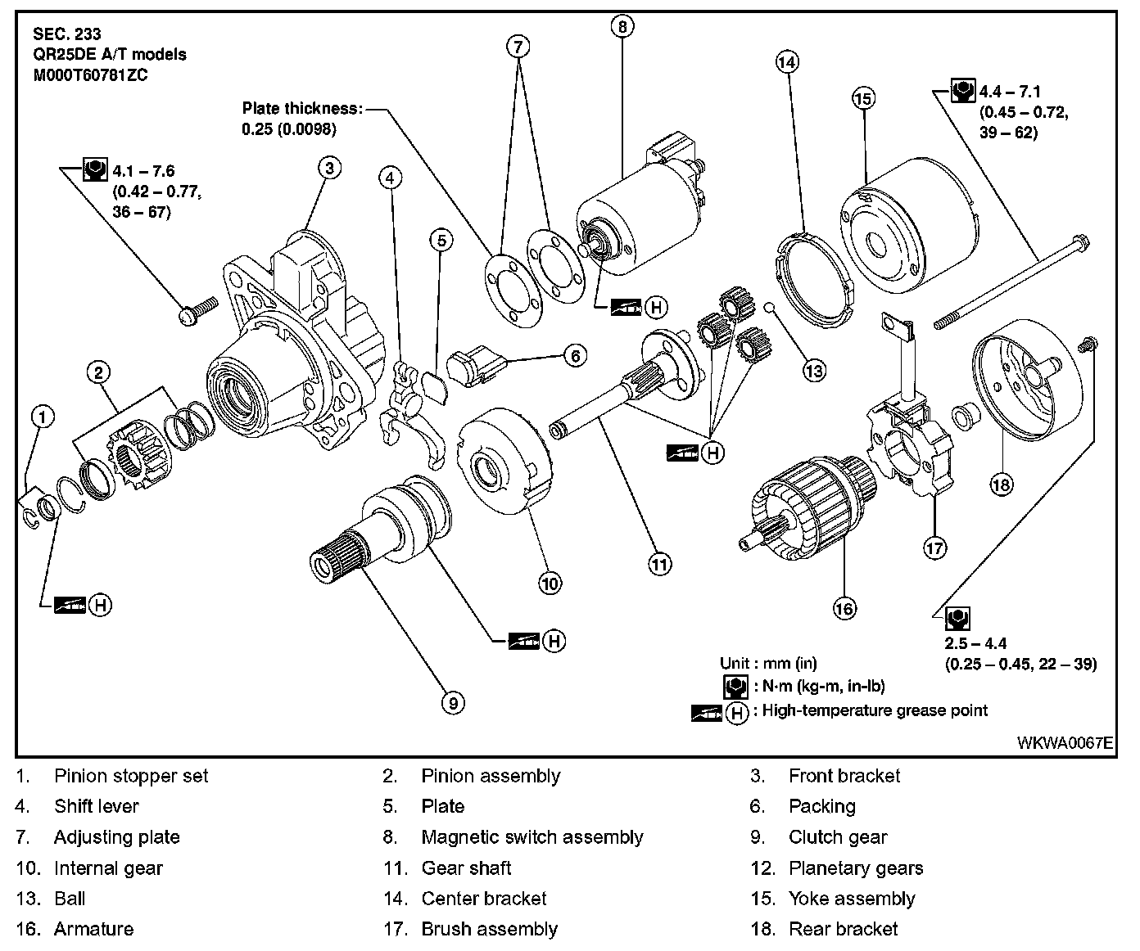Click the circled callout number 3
pos(328,169)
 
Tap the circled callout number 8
pos(622,27)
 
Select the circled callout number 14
pos(787,62)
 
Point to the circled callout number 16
pos(844,608)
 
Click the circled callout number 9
pos(452,701)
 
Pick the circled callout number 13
pos(814,371)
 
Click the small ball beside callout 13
pos(770,308)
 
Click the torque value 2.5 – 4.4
pos(976,643)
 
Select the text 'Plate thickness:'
pos(301,108)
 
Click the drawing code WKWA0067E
pos(1065,743)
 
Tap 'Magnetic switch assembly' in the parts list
pos(532,837)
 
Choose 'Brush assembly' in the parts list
pos(489,929)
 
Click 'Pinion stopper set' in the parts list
pos(131,776)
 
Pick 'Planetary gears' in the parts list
pos(855,868)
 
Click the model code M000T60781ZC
pos(90,75)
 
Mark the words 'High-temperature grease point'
pos(875,710)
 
